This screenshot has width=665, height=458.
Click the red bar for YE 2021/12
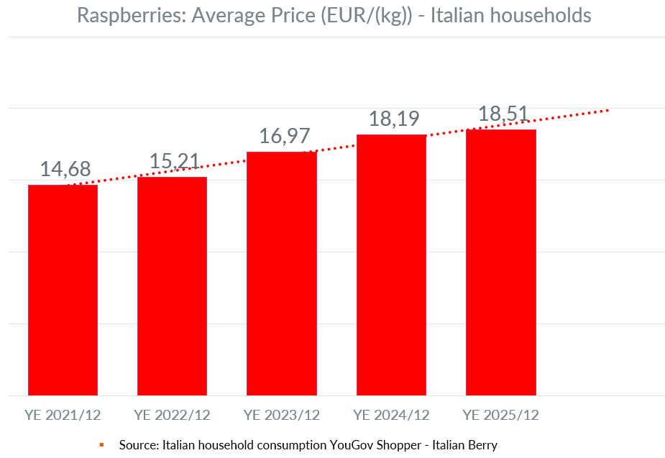point(63,290)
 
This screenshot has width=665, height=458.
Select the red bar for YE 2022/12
point(172,286)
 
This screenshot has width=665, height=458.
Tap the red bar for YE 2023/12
point(281,273)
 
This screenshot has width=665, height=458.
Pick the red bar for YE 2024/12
point(391,265)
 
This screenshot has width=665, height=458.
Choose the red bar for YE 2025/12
point(500,262)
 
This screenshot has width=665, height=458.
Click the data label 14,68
point(65,170)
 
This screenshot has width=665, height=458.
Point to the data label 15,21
point(175,162)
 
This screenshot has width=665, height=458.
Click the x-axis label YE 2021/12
point(63,415)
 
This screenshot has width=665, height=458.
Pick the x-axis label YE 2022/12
point(172,415)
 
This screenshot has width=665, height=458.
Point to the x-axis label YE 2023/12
point(281,415)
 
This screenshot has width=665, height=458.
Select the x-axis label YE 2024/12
point(391,415)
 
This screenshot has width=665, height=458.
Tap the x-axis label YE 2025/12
point(500,415)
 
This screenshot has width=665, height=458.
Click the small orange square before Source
point(102,445)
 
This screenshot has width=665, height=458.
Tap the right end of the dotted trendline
point(607,110)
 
